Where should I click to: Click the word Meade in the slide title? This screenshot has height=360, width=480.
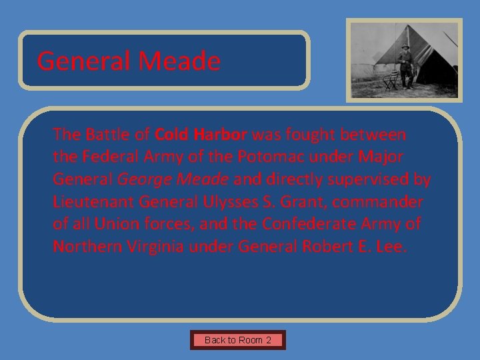[179, 61]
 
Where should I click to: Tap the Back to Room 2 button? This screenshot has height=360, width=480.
[238, 340]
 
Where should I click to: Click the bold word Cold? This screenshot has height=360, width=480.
[173, 135]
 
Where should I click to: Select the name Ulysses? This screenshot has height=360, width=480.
[225, 202]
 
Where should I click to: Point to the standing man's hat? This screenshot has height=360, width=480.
[405, 47]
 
